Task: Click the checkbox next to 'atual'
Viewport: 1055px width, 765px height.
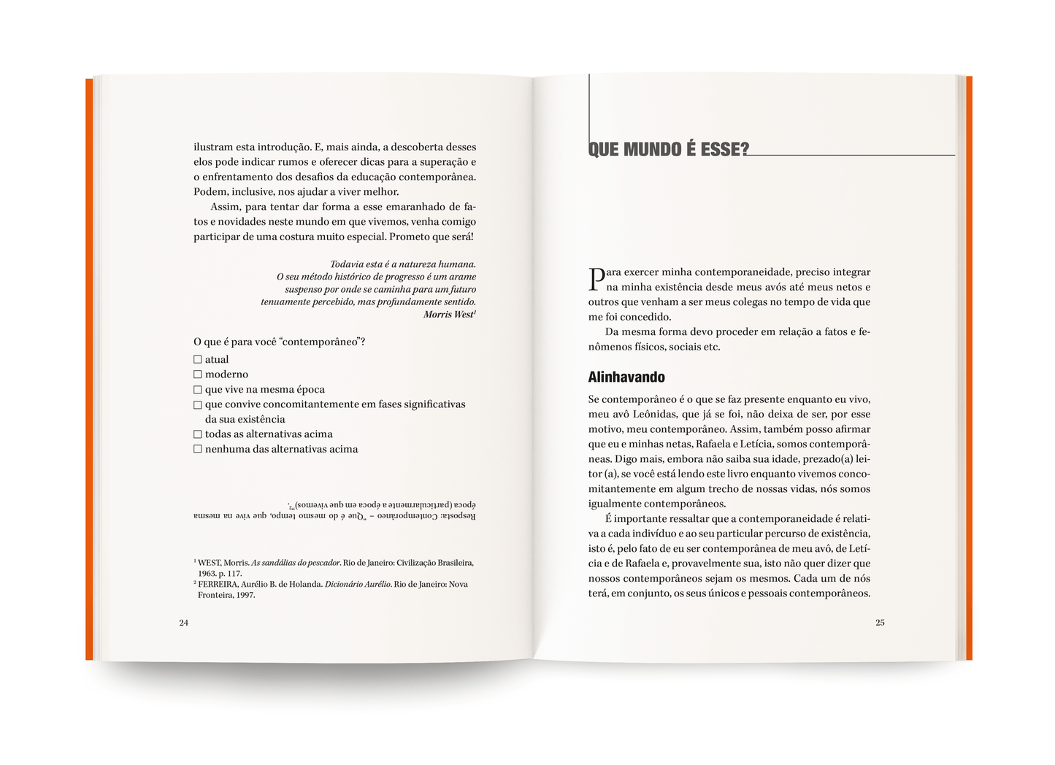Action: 197,359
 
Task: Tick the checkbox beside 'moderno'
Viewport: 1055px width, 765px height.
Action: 197,374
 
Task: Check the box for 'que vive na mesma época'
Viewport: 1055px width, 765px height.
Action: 197,390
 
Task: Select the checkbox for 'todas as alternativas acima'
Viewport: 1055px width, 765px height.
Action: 197,434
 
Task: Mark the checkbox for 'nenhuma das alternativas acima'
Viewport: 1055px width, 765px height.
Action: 197,449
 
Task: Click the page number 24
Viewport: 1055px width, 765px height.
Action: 184,623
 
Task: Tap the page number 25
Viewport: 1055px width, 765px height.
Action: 880,623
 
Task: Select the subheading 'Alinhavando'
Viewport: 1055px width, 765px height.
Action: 626,377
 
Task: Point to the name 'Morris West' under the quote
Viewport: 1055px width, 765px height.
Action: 448,315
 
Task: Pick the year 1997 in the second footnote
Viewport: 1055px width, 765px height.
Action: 245,595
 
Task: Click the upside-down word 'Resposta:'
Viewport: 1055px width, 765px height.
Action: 456,515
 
